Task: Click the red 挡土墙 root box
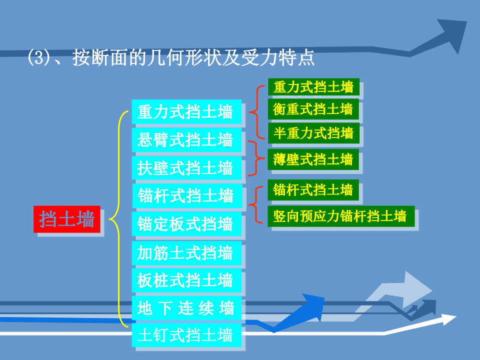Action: coord(67,219)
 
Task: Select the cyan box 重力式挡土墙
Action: coord(186,111)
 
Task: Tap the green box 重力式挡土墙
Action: coord(313,87)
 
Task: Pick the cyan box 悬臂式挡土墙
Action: coord(186,140)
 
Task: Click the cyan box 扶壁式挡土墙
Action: coord(186,168)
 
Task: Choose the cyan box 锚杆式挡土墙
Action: coord(186,195)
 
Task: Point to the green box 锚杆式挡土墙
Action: coord(313,190)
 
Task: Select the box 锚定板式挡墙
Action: coord(186,224)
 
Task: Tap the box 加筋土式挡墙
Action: coord(186,253)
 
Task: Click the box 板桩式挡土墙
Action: coord(186,280)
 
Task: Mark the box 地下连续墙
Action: coord(186,308)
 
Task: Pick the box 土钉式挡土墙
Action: coord(186,334)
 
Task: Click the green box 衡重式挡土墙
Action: coord(313,109)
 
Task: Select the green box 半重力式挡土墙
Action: coord(313,133)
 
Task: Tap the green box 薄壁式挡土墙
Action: coord(313,159)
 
